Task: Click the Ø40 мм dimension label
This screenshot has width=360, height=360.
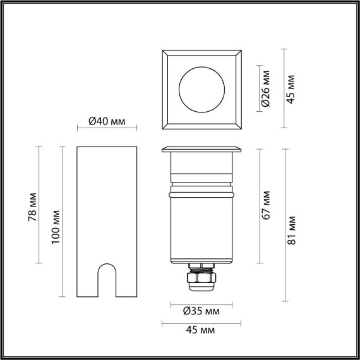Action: click(x=106, y=121)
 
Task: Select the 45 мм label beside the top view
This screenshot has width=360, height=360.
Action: click(x=291, y=88)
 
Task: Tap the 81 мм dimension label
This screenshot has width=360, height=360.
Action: click(x=291, y=231)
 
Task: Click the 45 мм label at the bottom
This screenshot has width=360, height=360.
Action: click(x=201, y=330)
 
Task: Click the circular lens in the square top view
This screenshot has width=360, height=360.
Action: click(x=201, y=88)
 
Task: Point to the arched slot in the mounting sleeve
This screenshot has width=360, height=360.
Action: click(x=106, y=280)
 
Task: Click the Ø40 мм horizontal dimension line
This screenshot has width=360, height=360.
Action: click(x=106, y=129)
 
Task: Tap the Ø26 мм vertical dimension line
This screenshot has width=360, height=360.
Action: click(x=259, y=88)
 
